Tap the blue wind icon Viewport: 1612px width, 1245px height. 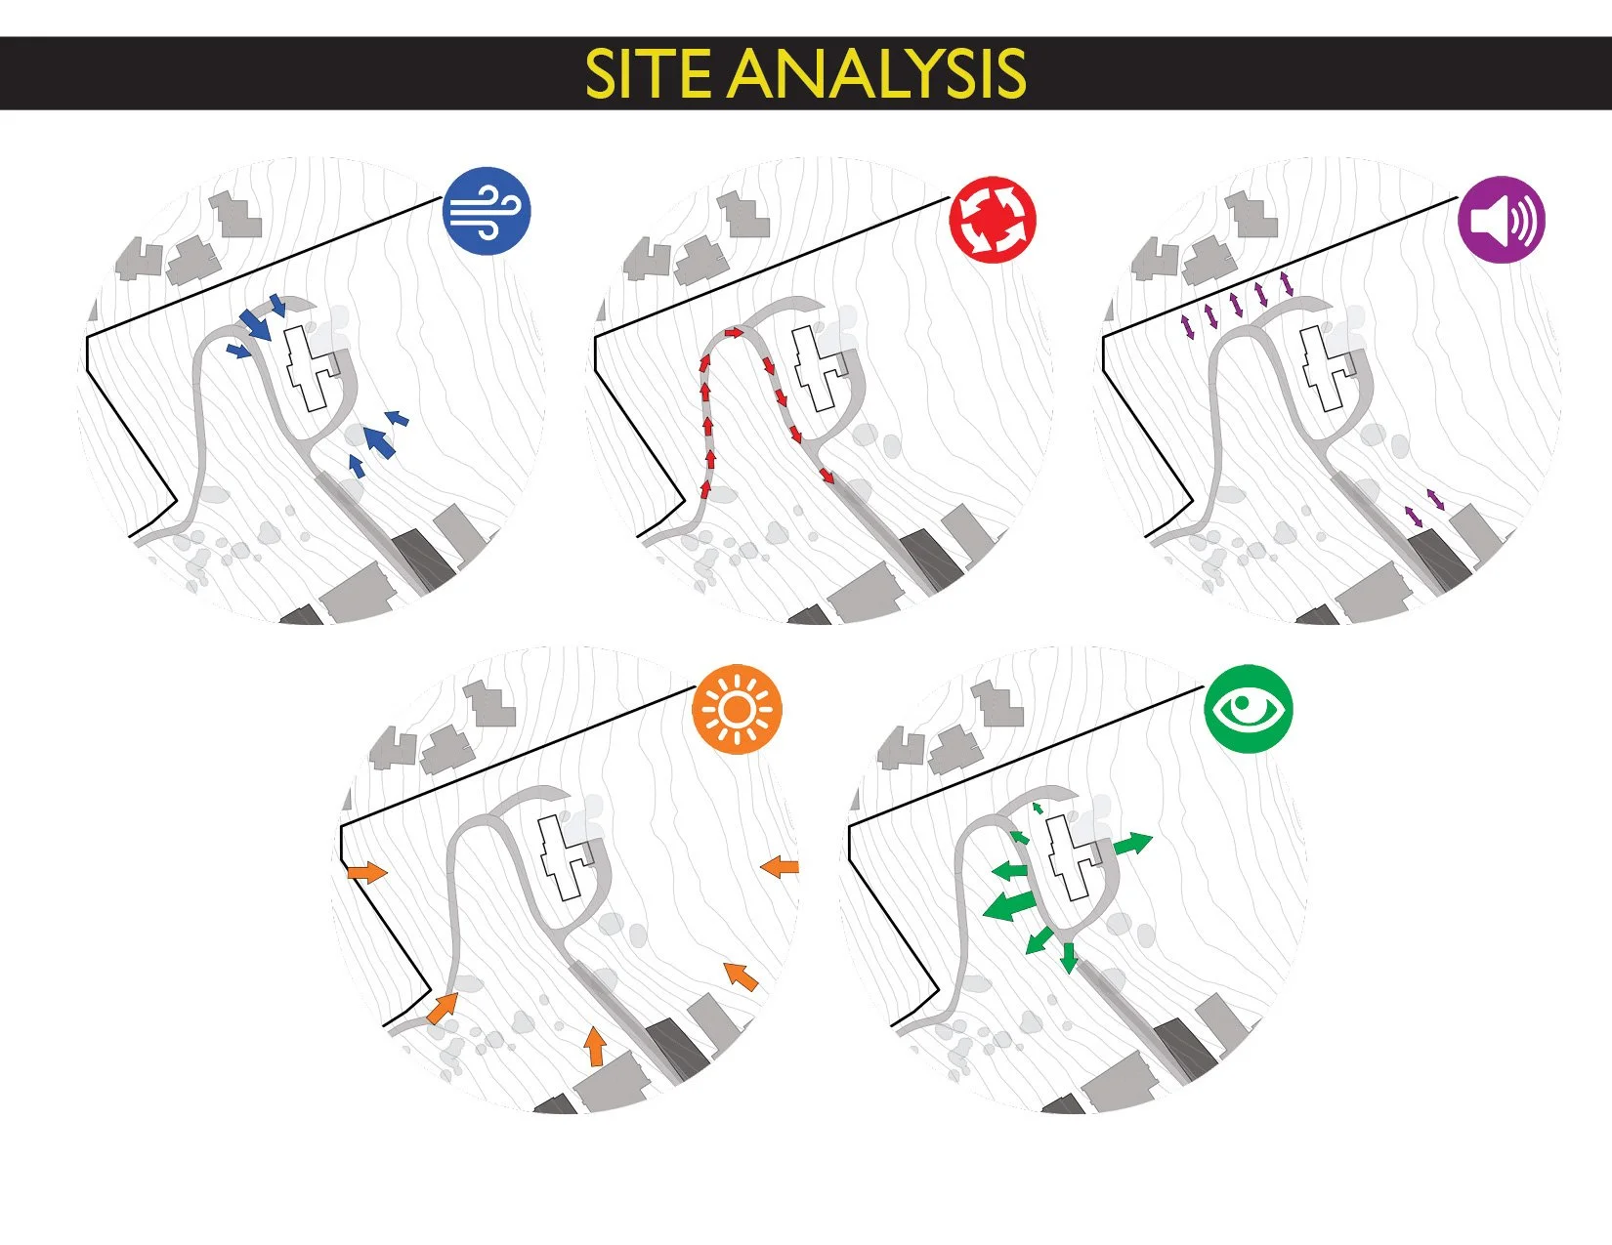[487, 212]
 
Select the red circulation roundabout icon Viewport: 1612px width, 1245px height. [993, 219]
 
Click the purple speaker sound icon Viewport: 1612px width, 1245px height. [1502, 220]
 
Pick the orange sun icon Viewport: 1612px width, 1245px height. [738, 711]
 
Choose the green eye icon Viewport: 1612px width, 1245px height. [1249, 710]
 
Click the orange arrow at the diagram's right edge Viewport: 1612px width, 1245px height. [780, 866]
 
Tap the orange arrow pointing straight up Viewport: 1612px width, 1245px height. [594, 1046]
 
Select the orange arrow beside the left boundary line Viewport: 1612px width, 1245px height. [366, 872]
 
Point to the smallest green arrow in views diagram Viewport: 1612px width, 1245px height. [1039, 809]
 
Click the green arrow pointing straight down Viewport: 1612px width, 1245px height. [1068, 957]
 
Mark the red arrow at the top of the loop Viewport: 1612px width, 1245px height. [735, 334]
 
